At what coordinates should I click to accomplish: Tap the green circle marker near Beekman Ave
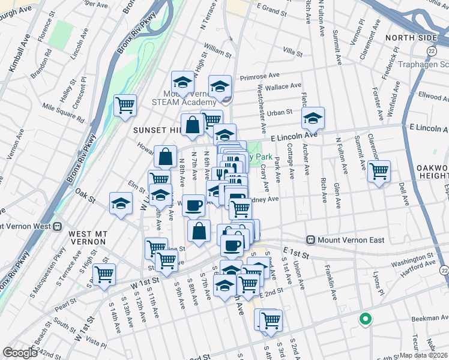click(x=364, y=319)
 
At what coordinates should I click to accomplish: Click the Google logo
click(x=20, y=353)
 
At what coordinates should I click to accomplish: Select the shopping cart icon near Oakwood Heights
click(x=379, y=171)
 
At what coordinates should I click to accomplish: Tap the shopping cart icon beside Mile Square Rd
click(x=125, y=105)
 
